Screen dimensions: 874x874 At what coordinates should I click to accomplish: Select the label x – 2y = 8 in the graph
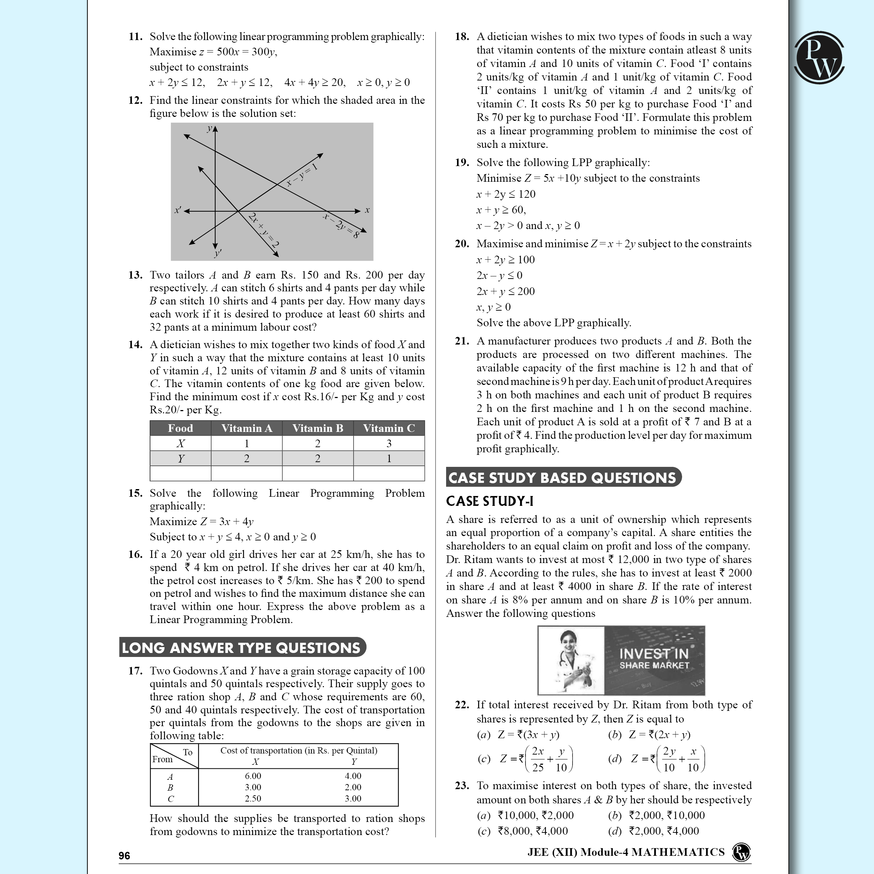[x=341, y=225]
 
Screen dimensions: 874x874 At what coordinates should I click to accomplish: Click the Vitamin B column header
[x=318, y=428]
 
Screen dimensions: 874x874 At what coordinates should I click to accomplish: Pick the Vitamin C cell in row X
[x=389, y=443]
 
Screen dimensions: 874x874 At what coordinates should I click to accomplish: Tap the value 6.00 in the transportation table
[x=253, y=776]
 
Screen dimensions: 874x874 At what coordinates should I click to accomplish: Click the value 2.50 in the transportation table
[x=253, y=799]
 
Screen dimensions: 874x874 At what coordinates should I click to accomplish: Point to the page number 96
[x=125, y=855]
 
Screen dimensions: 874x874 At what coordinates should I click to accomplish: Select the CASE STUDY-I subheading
[x=489, y=501]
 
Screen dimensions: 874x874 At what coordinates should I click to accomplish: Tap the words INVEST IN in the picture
[x=653, y=654]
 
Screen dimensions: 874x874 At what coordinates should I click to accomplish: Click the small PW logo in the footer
[x=741, y=852]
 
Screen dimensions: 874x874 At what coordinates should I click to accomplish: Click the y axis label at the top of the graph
[x=209, y=129]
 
